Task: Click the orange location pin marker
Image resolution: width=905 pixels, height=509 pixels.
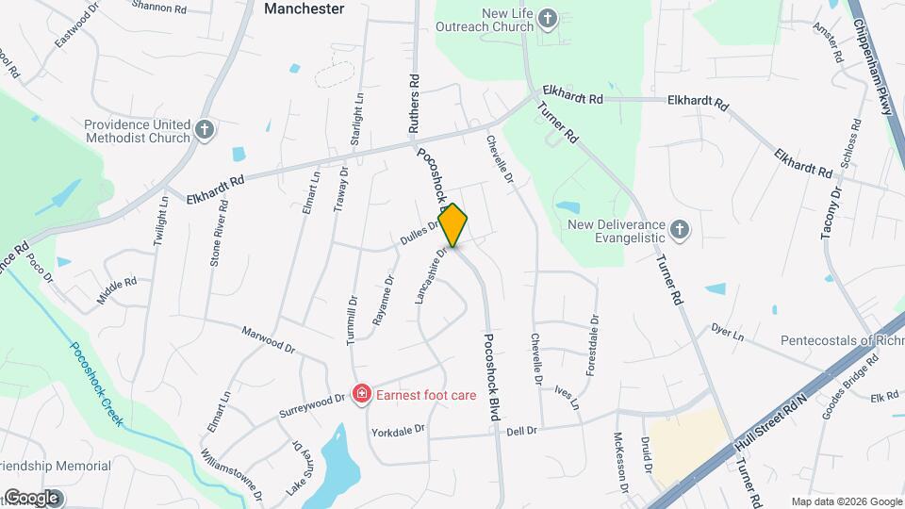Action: click(x=453, y=225)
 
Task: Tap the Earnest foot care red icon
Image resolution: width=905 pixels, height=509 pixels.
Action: click(x=360, y=393)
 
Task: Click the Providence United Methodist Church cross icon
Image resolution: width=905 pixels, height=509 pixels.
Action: click(x=205, y=128)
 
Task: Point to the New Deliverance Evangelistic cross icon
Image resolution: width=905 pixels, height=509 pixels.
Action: click(x=681, y=229)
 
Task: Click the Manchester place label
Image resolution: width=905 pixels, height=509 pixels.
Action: click(x=304, y=8)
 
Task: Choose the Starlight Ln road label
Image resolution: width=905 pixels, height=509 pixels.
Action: click(x=357, y=118)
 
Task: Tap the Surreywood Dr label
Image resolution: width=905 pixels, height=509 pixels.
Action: click(x=311, y=406)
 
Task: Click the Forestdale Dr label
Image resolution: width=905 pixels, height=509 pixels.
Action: click(x=592, y=346)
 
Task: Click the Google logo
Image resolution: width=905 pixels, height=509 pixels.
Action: click(x=31, y=497)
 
